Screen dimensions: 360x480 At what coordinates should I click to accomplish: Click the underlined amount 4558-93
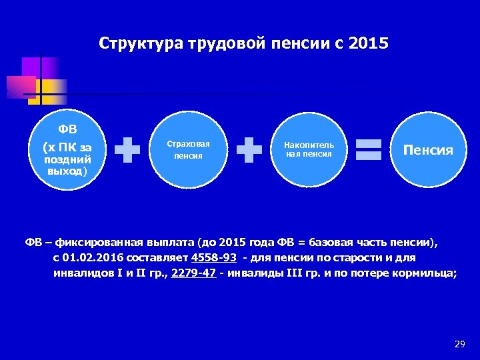[x=213, y=258]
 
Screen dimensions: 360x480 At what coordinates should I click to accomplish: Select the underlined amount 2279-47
[x=193, y=273]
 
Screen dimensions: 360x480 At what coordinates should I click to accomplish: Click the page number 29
[x=459, y=344]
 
